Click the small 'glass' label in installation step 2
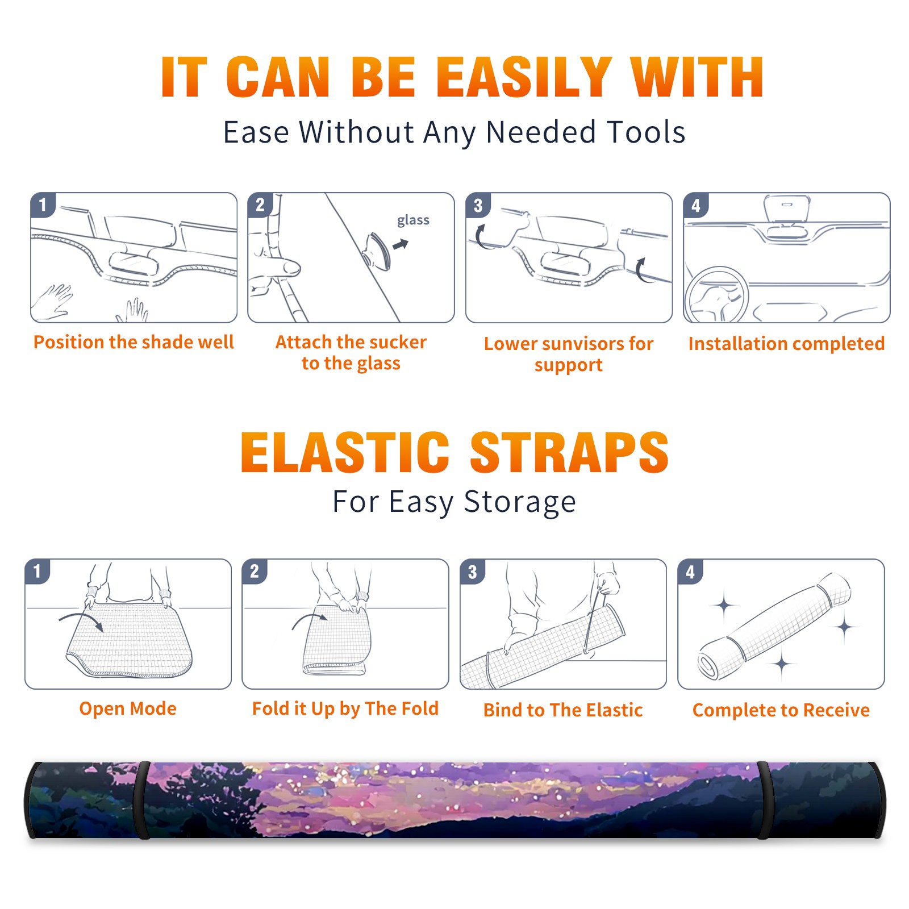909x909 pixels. tap(413, 220)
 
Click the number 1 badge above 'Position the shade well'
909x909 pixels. tap(43, 205)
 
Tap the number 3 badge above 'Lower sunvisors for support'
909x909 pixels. tap(478, 205)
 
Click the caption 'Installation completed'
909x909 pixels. tap(786, 343)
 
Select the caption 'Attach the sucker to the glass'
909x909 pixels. tap(351, 353)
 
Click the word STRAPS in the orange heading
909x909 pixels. tap(569, 452)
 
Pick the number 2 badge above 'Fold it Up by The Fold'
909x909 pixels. tap(255, 571)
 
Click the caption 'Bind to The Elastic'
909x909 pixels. tap(563, 710)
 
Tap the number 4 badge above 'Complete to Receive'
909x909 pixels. tap(690, 571)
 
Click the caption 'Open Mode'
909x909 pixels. tap(128, 708)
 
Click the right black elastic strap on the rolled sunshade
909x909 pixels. tap(764, 800)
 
